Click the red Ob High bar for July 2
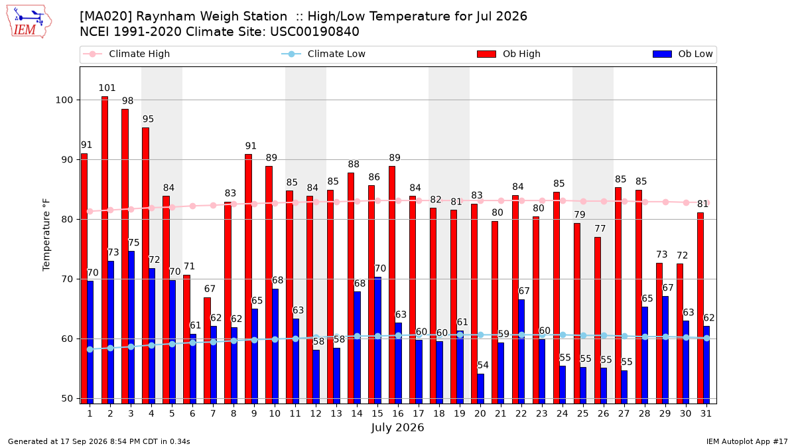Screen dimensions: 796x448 105,250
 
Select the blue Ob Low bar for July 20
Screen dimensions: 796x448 480,389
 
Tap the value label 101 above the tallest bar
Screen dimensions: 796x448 107,88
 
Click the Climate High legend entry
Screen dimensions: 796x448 127,54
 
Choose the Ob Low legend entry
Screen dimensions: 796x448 683,54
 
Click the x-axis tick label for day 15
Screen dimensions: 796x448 377,413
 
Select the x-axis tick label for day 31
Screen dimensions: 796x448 706,413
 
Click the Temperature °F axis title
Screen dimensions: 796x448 46,235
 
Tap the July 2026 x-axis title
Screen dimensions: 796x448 397,427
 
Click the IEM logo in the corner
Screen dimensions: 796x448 29,22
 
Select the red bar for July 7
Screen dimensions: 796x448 207,350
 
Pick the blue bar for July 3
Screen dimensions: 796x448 131,327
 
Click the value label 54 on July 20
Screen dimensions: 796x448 483,365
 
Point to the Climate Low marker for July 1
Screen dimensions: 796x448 90,350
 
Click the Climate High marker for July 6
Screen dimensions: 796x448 192,206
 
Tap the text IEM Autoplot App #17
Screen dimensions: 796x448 747,441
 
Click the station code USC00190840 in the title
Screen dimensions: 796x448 314,32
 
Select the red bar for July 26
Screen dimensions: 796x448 598,321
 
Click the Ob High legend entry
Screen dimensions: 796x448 509,54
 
